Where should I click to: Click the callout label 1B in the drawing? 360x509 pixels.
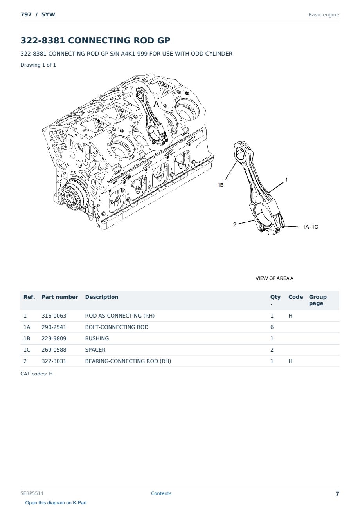click(x=220, y=185)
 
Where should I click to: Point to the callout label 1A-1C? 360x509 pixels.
click(x=310, y=227)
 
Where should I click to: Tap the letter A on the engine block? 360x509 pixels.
click(x=157, y=104)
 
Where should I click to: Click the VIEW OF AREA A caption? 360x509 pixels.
click(x=274, y=278)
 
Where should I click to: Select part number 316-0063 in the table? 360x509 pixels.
click(x=54, y=316)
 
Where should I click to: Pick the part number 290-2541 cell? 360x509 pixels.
click(x=54, y=327)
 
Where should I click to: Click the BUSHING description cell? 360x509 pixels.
click(x=97, y=338)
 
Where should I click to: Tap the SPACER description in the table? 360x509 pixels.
click(x=95, y=350)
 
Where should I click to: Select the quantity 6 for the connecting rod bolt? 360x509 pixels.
click(x=272, y=327)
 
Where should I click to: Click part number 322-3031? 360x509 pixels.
click(x=54, y=361)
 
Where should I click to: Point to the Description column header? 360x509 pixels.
click(x=102, y=297)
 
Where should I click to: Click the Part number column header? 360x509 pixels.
click(x=60, y=297)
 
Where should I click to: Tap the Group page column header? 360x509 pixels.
click(x=318, y=300)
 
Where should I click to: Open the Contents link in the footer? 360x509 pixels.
click(x=161, y=493)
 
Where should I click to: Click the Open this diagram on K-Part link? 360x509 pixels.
click(x=56, y=503)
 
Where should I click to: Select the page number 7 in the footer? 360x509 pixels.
click(x=337, y=494)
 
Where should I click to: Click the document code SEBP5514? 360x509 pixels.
click(x=32, y=493)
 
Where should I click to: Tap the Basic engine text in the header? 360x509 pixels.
click(x=324, y=15)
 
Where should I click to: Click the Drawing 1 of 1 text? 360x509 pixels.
click(x=38, y=65)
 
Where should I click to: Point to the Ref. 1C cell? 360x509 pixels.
click(x=27, y=350)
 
